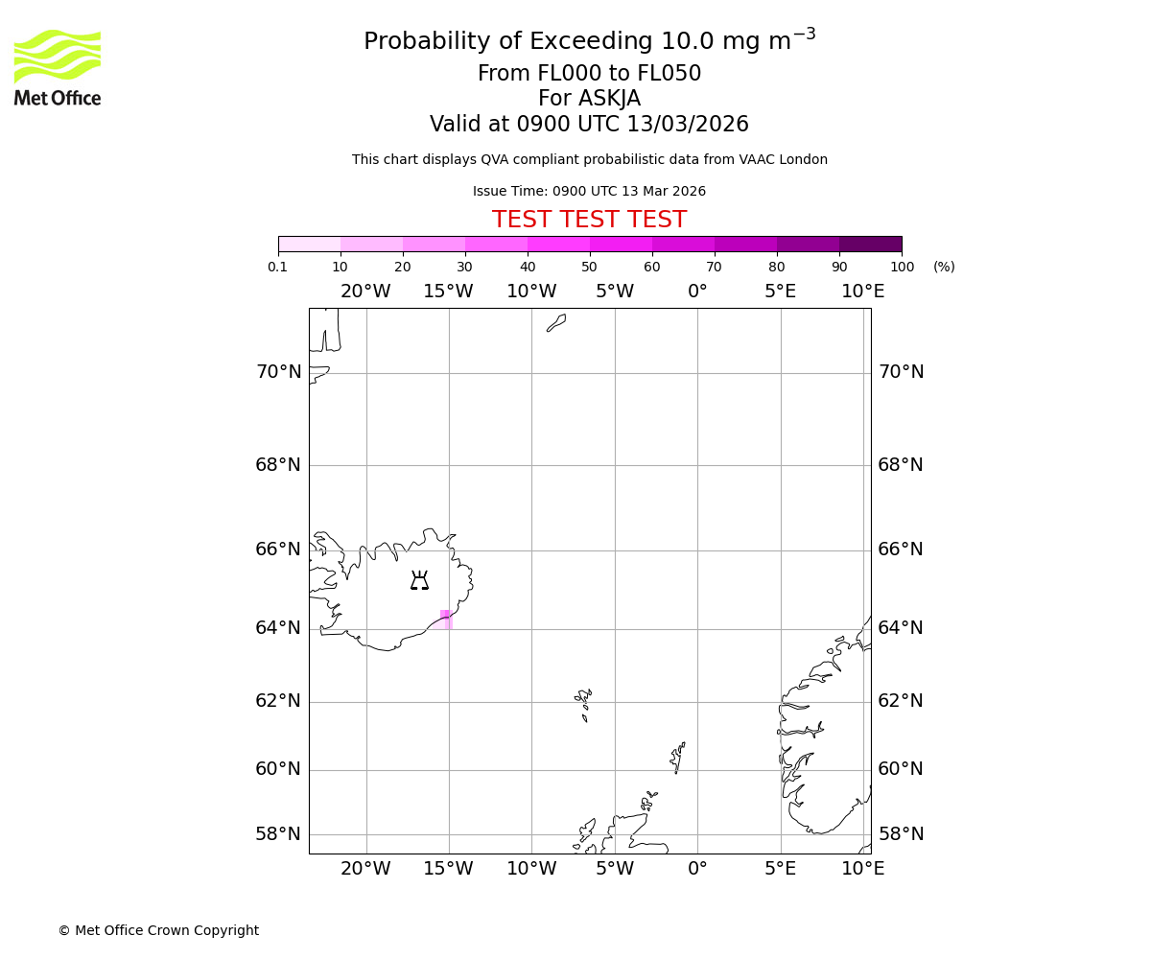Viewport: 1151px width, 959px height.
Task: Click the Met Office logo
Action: [58, 67]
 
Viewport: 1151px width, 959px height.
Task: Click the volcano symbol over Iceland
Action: [419, 580]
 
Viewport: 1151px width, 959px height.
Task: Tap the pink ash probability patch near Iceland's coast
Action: [445, 619]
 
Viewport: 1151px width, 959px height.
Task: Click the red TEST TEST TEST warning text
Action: [589, 220]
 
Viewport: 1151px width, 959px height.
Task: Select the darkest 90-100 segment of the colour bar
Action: [870, 244]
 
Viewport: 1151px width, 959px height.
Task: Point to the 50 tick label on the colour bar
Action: [589, 267]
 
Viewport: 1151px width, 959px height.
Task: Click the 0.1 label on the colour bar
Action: [278, 267]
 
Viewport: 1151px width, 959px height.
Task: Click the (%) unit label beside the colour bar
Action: [944, 267]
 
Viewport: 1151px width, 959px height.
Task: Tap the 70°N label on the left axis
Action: [278, 372]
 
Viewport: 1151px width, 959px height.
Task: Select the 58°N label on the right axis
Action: [901, 834]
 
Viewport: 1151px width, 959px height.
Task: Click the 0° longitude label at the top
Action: [697, 292]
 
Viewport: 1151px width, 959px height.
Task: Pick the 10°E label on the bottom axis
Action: [862, 869]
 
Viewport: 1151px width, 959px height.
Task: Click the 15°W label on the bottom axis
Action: [448, 869]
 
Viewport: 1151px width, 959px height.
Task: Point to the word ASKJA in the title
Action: [609, 99]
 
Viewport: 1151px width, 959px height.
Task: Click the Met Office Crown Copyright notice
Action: [158, 930]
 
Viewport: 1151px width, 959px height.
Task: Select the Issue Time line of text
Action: [589, 191]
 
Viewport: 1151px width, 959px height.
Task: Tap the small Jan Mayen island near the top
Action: [557, 323]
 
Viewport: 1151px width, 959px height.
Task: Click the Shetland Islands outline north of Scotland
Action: [677, 758]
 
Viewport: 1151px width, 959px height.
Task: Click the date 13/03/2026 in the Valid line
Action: [688, 125]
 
